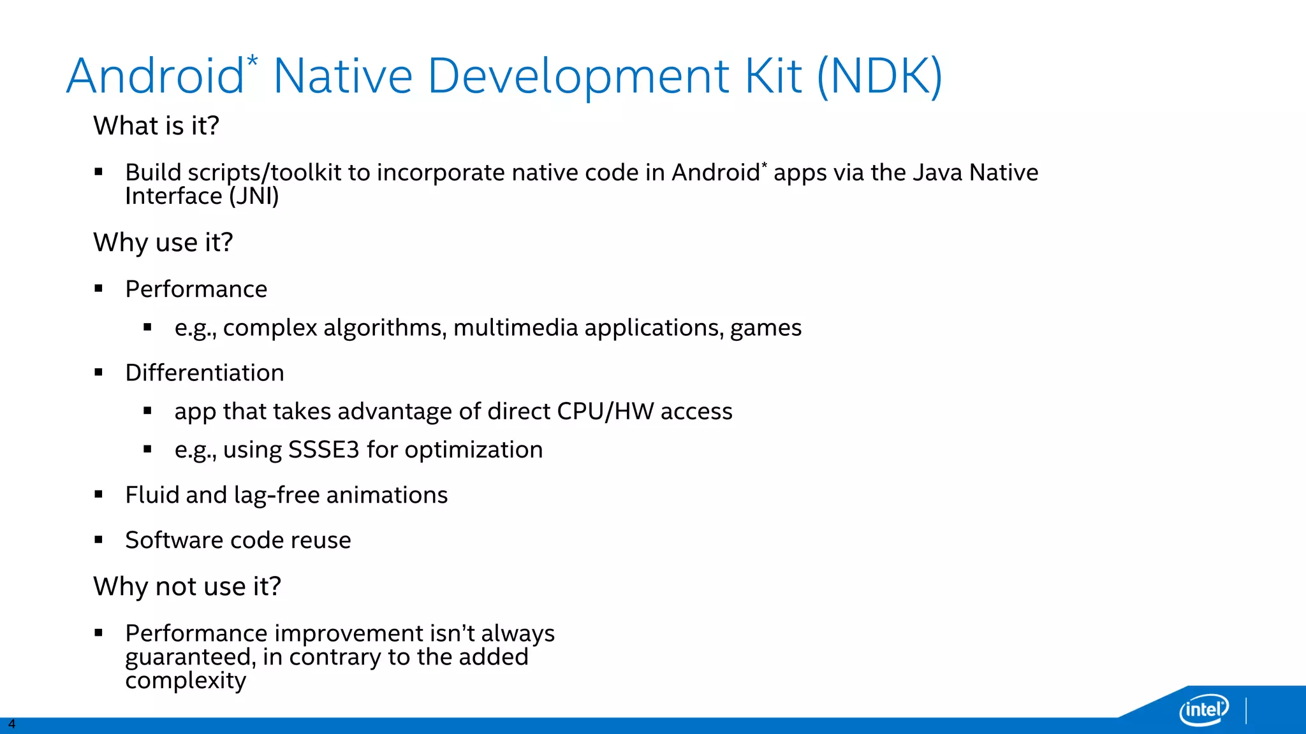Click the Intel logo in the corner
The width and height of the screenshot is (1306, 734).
(1203, 709)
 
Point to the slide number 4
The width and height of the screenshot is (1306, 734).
(11, 724)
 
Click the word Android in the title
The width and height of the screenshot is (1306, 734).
(155, 76)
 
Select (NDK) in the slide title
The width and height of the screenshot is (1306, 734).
(879, 76)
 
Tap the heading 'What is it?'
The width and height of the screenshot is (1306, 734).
(156, 126)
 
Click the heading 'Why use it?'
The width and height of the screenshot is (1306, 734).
(163, 242)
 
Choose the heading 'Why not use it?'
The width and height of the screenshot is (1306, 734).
(187, 586)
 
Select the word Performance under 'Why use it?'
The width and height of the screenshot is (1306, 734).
(196, 289)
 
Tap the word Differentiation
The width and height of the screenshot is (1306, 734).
(205, 373)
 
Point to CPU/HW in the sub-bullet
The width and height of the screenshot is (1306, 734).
(605, 412)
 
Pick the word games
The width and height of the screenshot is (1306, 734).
(766, 328)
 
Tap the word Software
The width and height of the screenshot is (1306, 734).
(173, 540)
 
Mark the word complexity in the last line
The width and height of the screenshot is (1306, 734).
(186, 681)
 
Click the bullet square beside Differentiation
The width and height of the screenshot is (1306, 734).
(98, 373)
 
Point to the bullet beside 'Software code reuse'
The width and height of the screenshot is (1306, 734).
(98, 540)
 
